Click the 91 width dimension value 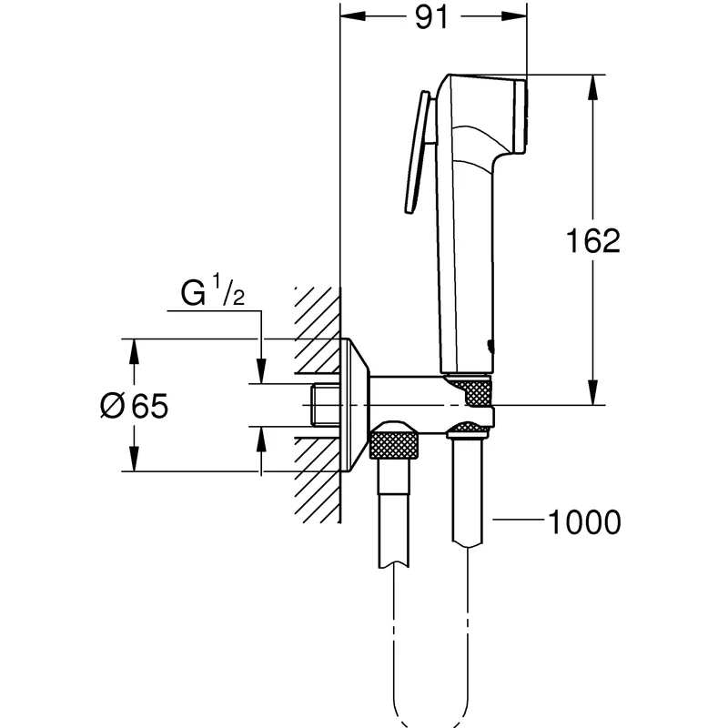(x=431, y=17)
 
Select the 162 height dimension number (x=593, y=240)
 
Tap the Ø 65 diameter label (x=134, y=406)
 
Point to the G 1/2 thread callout (x=213, y=290)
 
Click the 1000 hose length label (x=584, y=521)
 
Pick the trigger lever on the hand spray (x=419, y=152)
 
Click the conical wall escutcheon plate (x=355, y=405)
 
